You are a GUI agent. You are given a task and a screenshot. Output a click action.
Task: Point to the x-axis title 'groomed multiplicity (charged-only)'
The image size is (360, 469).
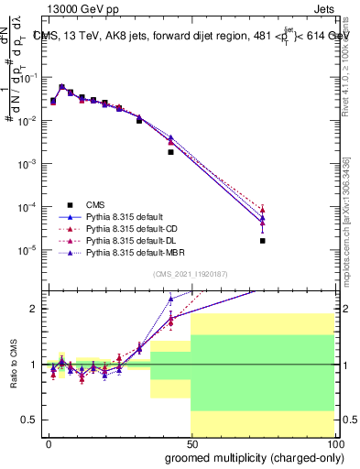tap(249, 455)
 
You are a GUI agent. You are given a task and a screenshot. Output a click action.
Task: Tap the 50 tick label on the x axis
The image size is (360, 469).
tap(191, 442)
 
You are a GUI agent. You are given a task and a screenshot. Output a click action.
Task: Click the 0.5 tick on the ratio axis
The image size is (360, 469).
tap(30, 420)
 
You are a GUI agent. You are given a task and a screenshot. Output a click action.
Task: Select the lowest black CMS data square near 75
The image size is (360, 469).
tap(262, 241)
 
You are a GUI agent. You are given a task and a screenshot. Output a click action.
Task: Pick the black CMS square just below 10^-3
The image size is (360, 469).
tap(170, 152)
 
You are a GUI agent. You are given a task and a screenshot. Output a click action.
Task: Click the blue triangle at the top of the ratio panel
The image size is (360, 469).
tap(170, 299)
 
